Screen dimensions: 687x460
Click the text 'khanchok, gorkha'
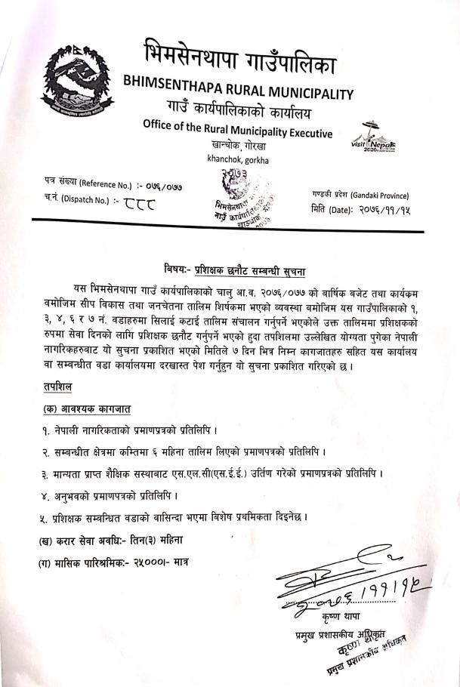coord(232,159)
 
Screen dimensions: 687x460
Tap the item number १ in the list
coord(45,431)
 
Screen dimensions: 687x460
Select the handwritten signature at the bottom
coord(348,585)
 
